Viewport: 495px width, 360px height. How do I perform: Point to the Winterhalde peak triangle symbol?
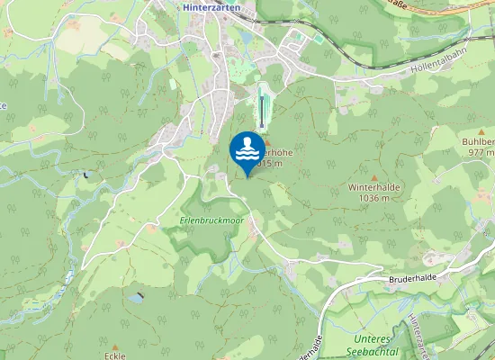pos(375,176)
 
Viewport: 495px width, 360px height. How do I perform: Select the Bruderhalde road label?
pos(414,280)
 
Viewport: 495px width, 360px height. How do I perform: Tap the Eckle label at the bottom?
pos(115,355)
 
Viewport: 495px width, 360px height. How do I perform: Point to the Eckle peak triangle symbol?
pos(115,346)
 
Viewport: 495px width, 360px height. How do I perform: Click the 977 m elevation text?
pos(477,152)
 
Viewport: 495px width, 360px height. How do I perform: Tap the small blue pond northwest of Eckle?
pos(135,296)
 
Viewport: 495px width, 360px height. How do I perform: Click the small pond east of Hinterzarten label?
pos(247,39)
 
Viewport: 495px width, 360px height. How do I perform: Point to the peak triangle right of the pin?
pos(266,142)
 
